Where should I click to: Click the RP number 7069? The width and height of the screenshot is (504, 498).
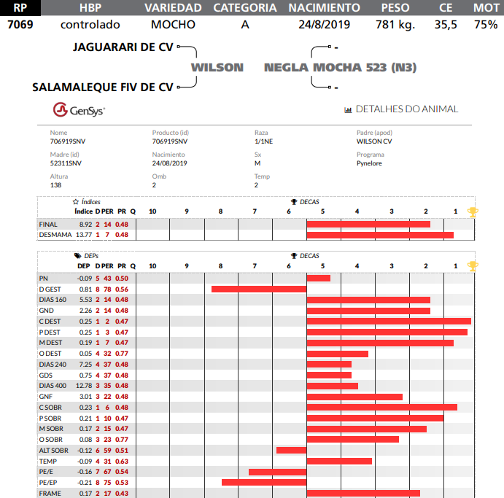point(20,24)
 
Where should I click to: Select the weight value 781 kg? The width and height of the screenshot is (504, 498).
point(395,24)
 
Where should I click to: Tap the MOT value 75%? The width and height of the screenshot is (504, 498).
point(485,24)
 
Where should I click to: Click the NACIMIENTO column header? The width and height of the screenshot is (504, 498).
point(324,8)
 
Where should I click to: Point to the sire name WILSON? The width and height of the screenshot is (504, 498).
point(217,67)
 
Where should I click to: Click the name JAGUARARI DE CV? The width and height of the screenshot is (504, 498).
point(123,47)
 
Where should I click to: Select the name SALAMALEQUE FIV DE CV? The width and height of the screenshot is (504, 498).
point(103,87)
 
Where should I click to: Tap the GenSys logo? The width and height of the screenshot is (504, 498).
point(79,111)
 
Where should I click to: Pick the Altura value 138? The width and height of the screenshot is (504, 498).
point(55,185)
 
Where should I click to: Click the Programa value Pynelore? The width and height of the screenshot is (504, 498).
point(369,163)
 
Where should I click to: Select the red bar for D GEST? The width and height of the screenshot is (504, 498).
point(259,289)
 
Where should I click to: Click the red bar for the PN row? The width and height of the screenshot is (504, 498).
point(319,278)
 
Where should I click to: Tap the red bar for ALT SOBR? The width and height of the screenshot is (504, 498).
point(291,450)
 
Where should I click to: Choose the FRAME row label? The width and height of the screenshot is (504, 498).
point(50,494)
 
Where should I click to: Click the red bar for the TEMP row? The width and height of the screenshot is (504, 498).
point(339,461)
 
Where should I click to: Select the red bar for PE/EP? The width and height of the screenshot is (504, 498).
point(264,482)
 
